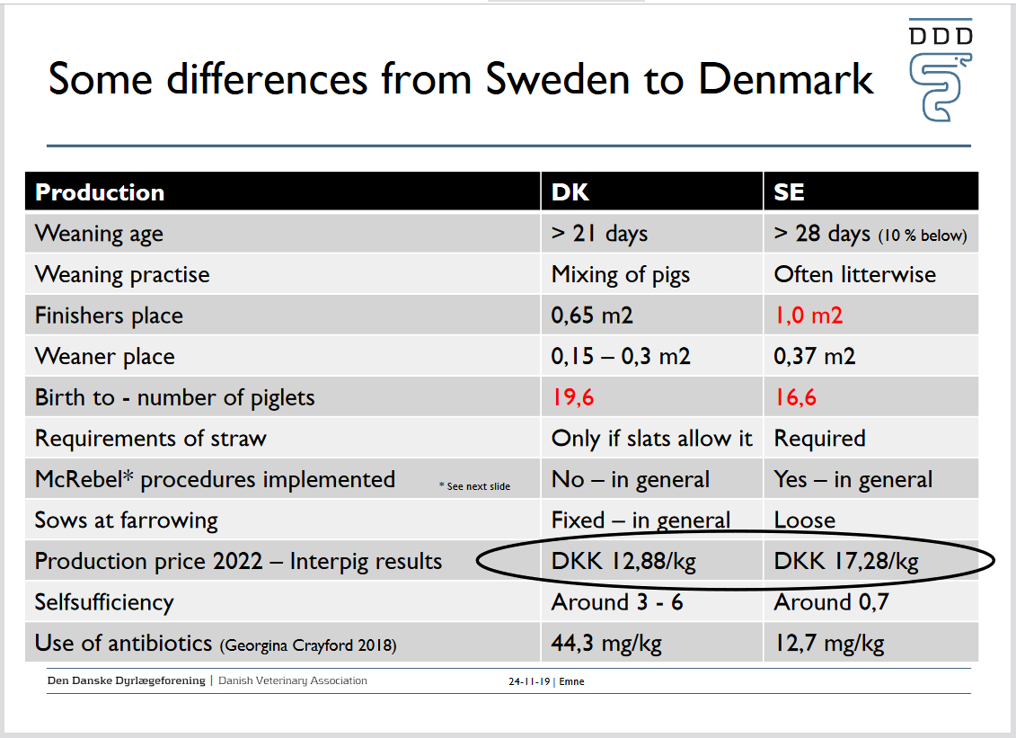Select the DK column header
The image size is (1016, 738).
tap(570, 192)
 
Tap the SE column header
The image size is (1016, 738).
tap(789, 192)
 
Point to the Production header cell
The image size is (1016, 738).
tap(100, 192)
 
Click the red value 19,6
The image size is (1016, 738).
tap(574, 397)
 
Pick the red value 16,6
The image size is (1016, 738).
tap(796, 397)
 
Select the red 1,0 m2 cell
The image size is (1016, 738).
tap(808, 316)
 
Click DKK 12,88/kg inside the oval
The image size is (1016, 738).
tap(623, 562)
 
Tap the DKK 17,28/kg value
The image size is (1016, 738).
tap(846, 562)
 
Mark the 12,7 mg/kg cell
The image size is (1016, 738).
tap(828, 644)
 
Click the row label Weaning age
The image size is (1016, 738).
tap(99, 234)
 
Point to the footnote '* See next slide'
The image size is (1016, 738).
tap(474, 486)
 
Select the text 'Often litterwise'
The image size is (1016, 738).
tap(854, 274)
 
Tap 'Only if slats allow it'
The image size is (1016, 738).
tap(651, 439)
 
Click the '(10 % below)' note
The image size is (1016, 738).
tap(923, 236)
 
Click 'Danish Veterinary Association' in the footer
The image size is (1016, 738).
tap(293, 680)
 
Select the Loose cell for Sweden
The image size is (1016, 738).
tap(804, 520)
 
